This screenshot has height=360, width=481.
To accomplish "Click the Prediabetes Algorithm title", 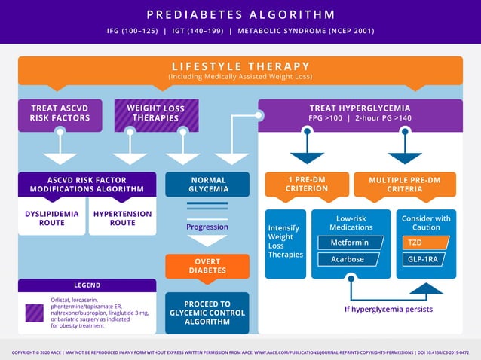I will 240,15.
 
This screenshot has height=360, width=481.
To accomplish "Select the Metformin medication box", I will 351,243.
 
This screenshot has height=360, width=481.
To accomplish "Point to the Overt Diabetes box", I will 207,265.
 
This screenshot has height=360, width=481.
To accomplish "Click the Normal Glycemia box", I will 207,185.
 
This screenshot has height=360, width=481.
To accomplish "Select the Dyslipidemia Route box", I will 51,218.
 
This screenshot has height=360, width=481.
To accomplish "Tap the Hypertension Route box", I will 122,218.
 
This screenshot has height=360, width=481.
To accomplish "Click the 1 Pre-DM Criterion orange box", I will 307,185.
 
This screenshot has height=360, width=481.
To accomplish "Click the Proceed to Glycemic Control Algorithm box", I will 207,313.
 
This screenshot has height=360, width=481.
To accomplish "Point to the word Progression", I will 207,227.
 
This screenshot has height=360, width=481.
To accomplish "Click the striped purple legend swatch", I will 35,313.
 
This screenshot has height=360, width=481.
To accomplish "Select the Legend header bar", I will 87,285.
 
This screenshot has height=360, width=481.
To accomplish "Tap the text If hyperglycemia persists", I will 388,309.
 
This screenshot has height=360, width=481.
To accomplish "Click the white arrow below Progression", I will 207,242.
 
